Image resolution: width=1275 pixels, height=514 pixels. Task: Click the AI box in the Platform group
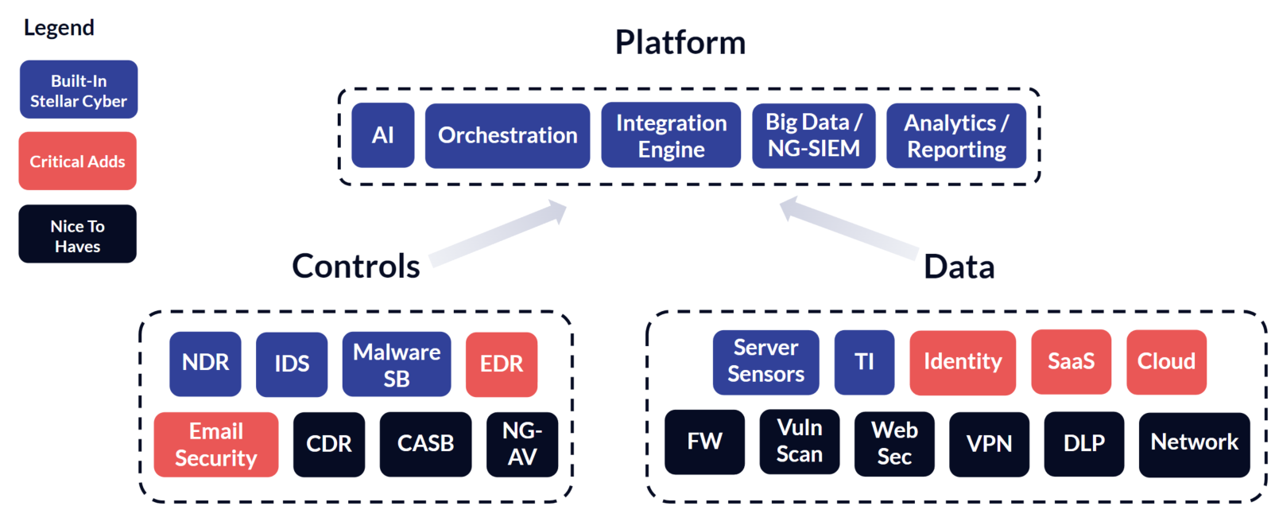click(x=382, y=135)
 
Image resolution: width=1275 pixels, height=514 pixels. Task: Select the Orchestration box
click(x=507, y=135)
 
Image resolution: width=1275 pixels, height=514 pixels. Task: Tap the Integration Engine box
click(x=671, y=135)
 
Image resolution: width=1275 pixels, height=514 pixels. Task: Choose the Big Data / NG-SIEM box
click(x=813, y=135)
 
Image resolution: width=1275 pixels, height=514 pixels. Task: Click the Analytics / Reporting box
click(x=956, y=135)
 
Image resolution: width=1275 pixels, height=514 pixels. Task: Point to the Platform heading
click(x=680, y=42)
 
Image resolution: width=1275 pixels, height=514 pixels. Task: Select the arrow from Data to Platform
click(x=848, y=229)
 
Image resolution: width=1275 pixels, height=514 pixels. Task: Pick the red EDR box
click(x=502, y=364)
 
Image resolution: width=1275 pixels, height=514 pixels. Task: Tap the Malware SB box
click(x=397, y=364)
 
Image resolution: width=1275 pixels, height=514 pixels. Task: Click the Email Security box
click(x=216, y=444)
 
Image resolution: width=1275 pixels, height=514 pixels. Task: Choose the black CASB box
click(x=425, y=444)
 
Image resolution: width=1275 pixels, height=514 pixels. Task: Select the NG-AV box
click(x=522, y=444)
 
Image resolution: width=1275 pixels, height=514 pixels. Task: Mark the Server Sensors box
click(x=766, y=362)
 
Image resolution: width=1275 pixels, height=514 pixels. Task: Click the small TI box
click(x=864, y=362)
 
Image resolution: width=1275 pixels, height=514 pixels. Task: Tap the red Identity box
click(x=963, y=362)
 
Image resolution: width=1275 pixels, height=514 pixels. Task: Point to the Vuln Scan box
click(x=800, y=442)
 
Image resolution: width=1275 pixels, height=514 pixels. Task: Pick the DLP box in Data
click(x=1084, y=444)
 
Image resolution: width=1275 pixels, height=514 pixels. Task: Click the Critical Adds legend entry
click(x=78, y=161)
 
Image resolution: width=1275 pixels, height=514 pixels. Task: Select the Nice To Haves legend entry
click(x=78, y=234)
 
